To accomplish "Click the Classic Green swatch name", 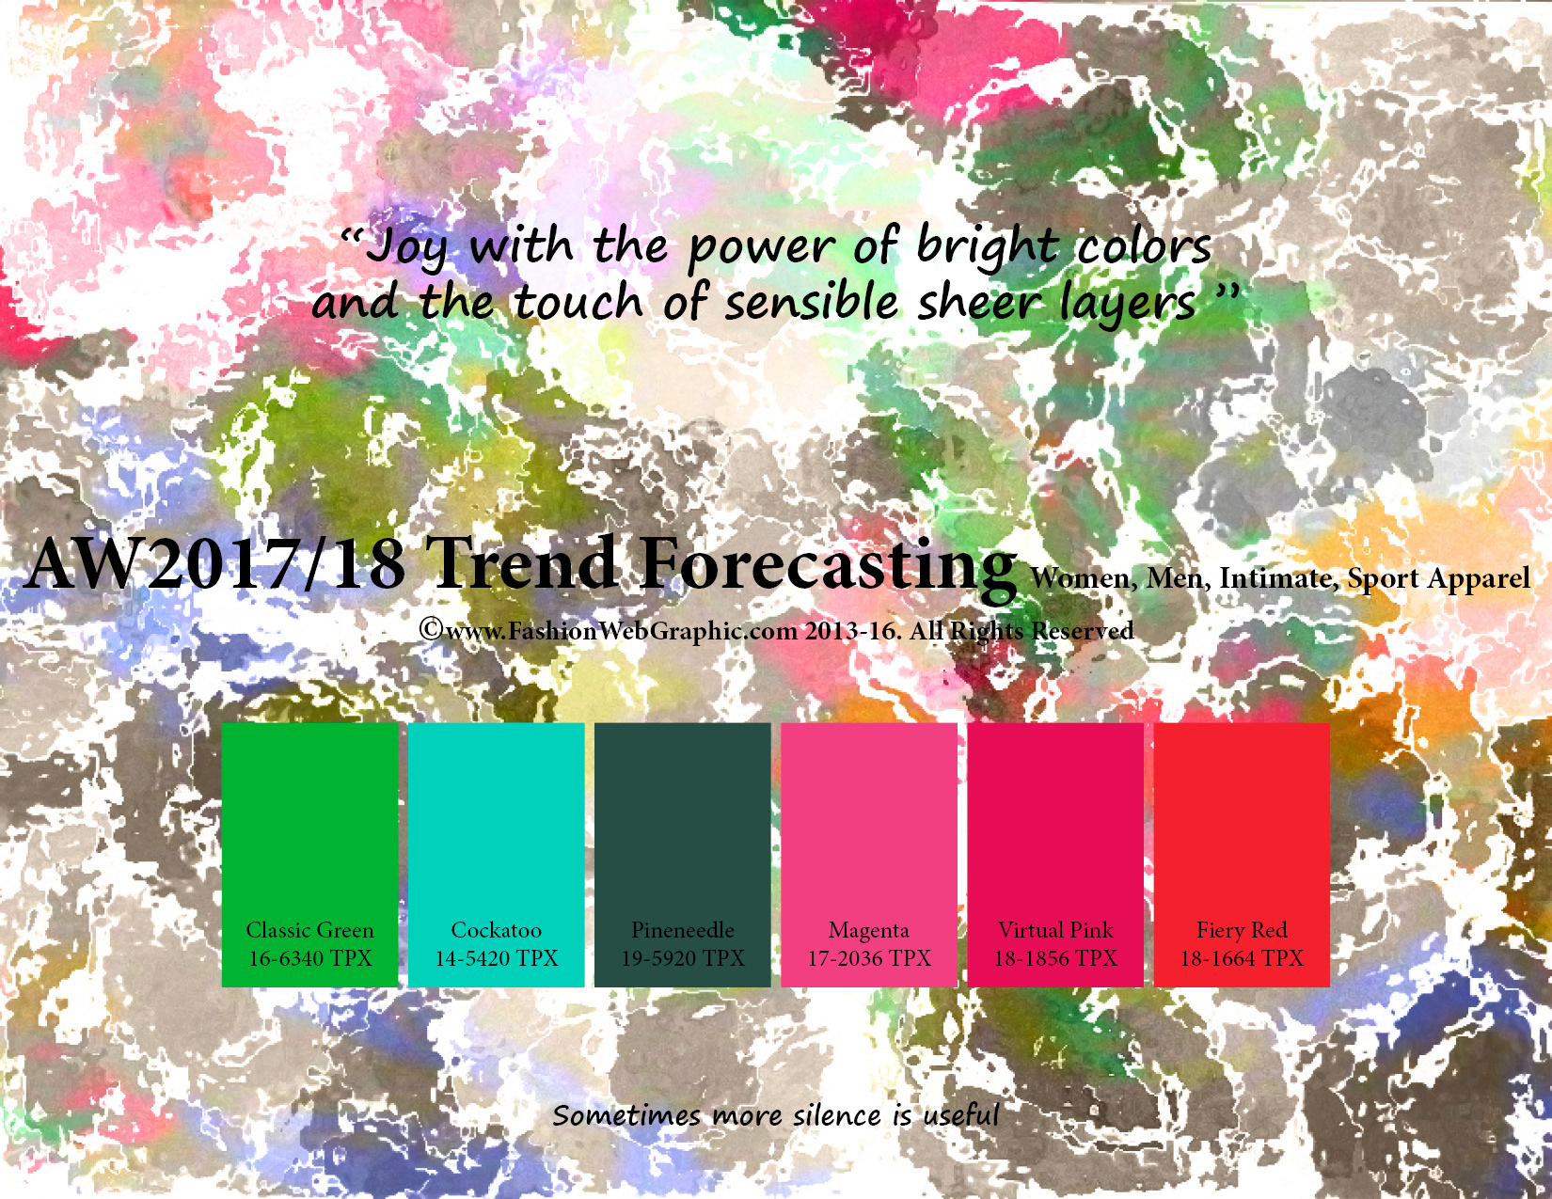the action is [309, 930].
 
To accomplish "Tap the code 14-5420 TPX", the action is [497, 957].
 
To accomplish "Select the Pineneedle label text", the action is [682, 930].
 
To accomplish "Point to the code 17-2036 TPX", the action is [869, 957].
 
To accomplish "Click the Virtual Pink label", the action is [1055, 930].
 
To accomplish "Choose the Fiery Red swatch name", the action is [1242, 930].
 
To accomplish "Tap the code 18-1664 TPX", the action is [1242, 957].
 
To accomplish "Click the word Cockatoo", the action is [497, 930].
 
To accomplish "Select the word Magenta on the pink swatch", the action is [868, 931].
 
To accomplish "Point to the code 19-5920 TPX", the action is [682, 957].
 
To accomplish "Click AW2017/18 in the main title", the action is [214, 564].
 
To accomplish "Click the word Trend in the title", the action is [521, 564].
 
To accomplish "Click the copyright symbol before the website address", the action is [430, 629].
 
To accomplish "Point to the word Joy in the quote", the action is [408, 248].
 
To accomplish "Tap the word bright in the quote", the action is [988, 248].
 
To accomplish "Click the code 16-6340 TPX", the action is [310, 957].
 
